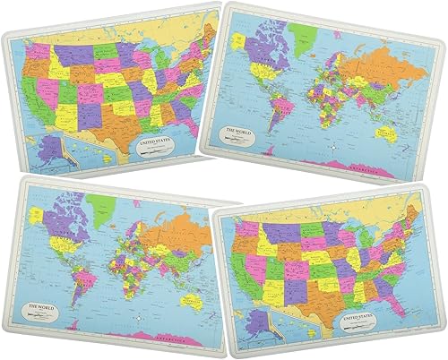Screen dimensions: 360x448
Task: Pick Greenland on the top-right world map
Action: [x=304, y=35]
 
